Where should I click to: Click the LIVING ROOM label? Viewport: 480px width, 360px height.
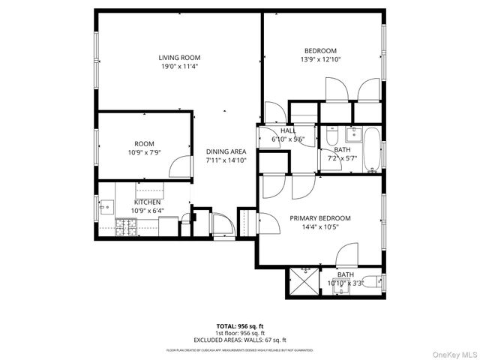click(x=179, y=58)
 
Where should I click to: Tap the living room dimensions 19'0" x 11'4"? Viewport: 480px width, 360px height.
click(x=179, y=66)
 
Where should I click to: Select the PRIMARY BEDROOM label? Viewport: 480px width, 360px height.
click(x=320, y=218)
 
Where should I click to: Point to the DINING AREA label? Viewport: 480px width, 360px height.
click(x=226, y=151)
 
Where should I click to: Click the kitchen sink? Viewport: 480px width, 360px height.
click(x=106, y=204)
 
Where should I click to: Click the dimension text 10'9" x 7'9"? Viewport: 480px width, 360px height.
click(x=144, y=152)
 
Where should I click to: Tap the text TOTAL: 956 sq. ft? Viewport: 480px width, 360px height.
click(x=240, y=326)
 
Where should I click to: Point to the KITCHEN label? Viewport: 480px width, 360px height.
click(x=146, y=202)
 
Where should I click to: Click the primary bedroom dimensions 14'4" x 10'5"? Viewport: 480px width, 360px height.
click(x=320, y=226)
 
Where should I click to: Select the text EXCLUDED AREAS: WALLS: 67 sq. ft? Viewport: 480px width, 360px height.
click(x=240, y=340)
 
